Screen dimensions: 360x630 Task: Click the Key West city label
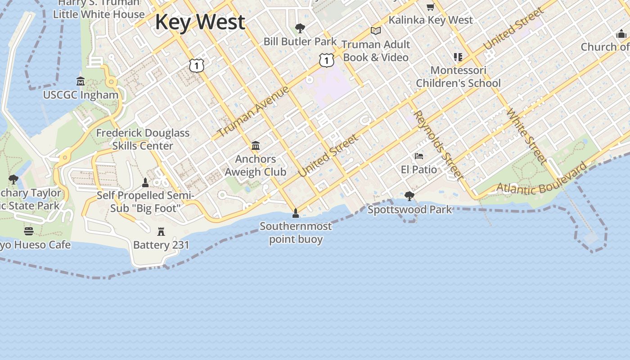[x=200, y=22]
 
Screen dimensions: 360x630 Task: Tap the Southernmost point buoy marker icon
[x=296, y=213]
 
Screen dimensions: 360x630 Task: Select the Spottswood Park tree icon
[x=409, y=196]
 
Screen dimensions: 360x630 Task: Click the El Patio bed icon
[x=419, y=156]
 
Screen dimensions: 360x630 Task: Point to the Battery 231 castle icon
[x=161, y=232]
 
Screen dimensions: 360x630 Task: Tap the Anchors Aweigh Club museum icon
[x=256, y=145]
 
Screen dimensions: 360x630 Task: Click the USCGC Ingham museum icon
[x=81, y=81]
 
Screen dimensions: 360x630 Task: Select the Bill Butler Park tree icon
[x=300, y=28]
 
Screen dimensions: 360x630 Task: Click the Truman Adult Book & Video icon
[x=376, y=31]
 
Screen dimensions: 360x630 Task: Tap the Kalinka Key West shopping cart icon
[x=430, y=7]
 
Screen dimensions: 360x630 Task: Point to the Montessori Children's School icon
[x=458, y=57]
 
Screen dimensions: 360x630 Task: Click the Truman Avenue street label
[x=253, y=111]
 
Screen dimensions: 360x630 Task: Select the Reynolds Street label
[x=438, y=144]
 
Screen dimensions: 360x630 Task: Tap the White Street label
[x=527, y=135]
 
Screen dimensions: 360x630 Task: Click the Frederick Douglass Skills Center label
[x=143, y=139]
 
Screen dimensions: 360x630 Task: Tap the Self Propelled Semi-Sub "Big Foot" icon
[x=145, y=182]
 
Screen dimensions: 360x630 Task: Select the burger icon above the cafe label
[x=29, y=231]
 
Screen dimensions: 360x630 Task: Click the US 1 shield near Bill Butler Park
[x=327, y=59]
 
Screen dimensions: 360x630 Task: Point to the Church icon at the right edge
[x=621, y=34]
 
